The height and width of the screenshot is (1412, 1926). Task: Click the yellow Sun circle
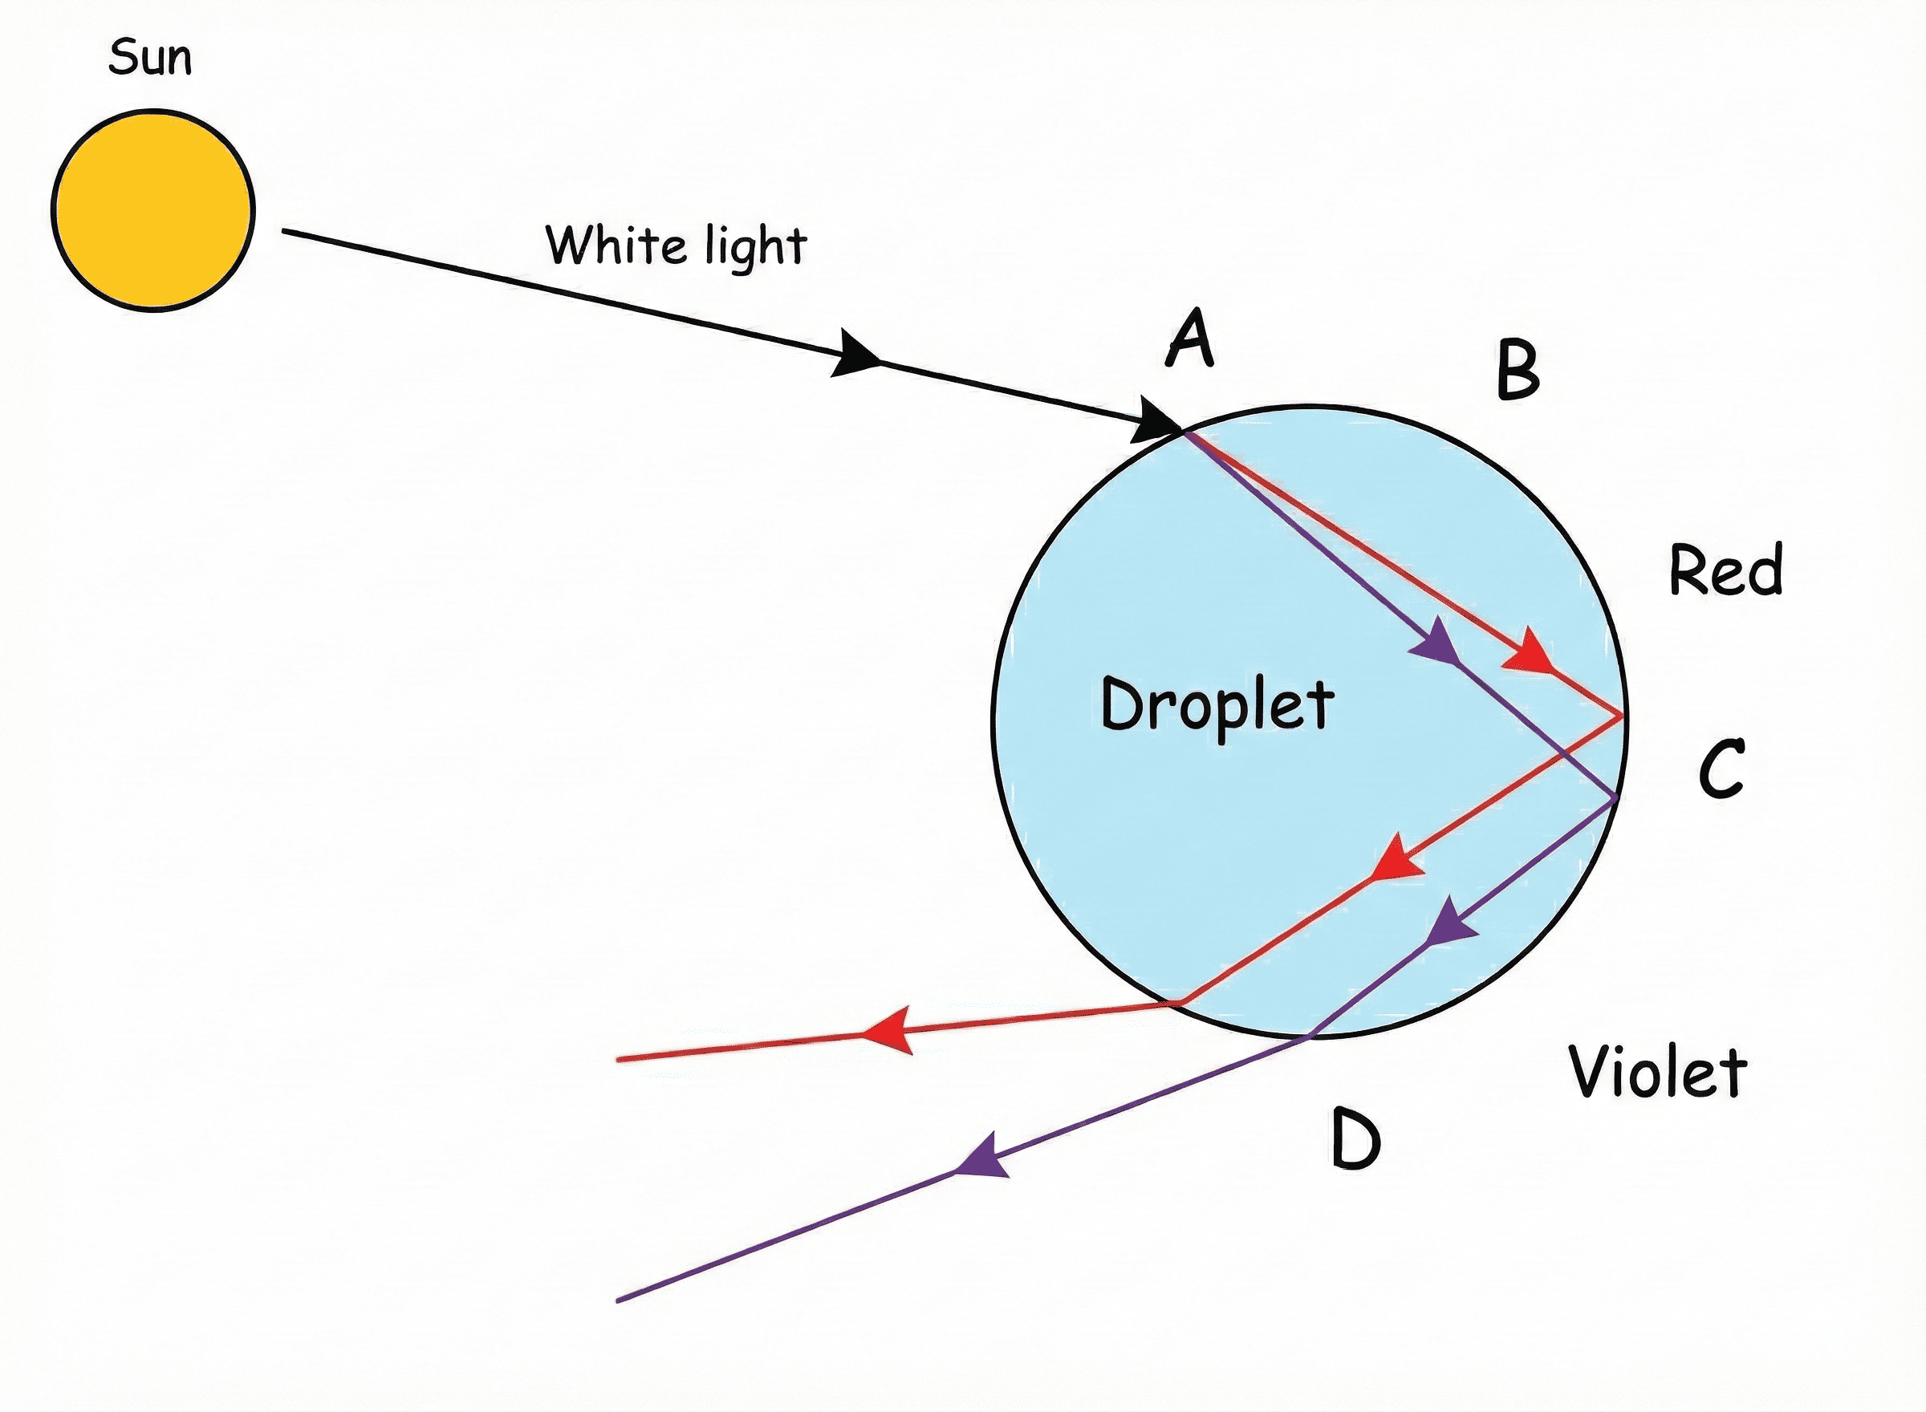tap(153, 210)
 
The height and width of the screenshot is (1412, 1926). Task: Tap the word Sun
tap(150, 57)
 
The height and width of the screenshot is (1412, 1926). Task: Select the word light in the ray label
tap(757, 248)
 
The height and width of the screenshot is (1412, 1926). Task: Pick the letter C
tap(1721, 769)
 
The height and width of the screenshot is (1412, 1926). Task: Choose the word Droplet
tap(1217, 707)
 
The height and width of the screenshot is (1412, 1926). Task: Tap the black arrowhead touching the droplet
tap(1156, 420)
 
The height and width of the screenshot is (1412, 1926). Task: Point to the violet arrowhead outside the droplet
tap(982, 1158)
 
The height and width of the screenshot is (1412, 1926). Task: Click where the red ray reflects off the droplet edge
tap(1622, 716)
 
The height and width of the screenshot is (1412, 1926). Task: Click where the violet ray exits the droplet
tap(1308, 1036)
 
